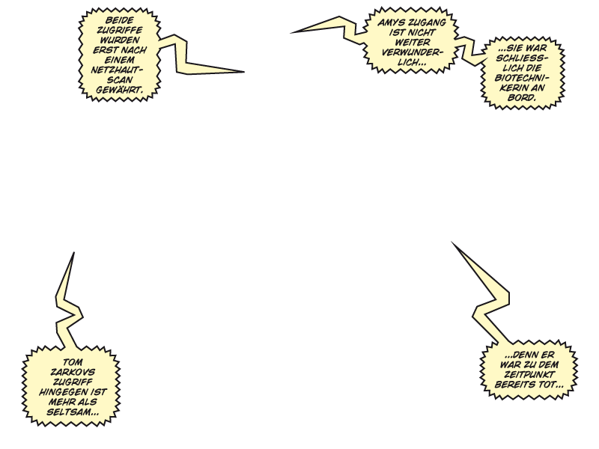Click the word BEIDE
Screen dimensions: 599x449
pyautogui.click(x=119, y=20)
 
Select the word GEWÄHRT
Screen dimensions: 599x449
pyautogui.click(x=119, y=90)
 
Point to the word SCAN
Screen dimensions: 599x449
pyautogui.click(x=120, y=80)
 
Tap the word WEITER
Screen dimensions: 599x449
pyautogui.click(x=413, y=43)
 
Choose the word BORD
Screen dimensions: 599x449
pyautogui.click(x=522, y=98)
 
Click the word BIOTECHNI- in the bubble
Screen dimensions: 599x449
pyautogui.click(x=522, y=78)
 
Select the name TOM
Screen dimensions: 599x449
pyautogui.click(x=72, y=362)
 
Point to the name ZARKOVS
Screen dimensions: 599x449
pyautogui.click(x=73, y=372)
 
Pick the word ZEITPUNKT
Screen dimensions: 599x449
pyautogui.click(x=529, y=374)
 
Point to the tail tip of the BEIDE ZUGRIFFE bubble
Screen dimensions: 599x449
pyautogui.click(x=244, y=71)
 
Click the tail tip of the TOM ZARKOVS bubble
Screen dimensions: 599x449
pyautogui.click(x=73, y=252)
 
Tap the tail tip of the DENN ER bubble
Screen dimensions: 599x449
pyautogui.click(x=451, y=242)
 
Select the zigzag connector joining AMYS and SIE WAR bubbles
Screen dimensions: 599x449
pyautogui.click(x=470, y=49)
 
